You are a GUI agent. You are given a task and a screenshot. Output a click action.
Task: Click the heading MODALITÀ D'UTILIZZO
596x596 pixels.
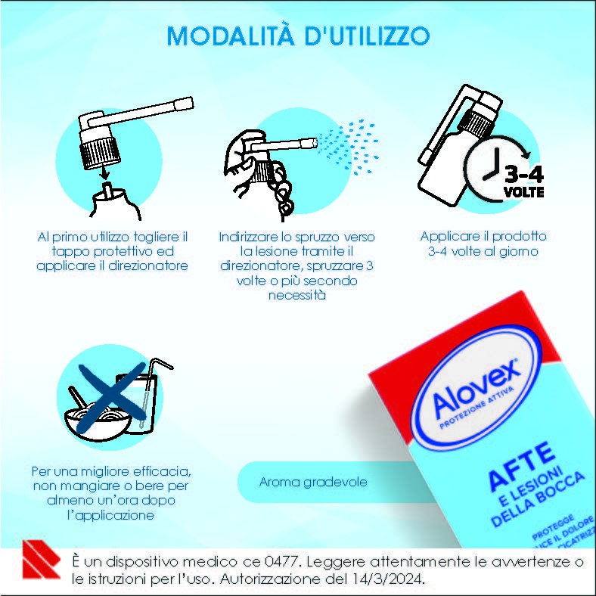click(x=298, y=36)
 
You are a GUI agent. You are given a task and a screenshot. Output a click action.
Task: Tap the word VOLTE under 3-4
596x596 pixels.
click(x=523, y=194)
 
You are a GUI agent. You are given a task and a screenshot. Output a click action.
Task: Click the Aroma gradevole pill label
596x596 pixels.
click(x=303, y=482)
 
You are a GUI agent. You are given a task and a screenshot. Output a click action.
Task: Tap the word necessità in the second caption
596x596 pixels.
click(x=297, y=295)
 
